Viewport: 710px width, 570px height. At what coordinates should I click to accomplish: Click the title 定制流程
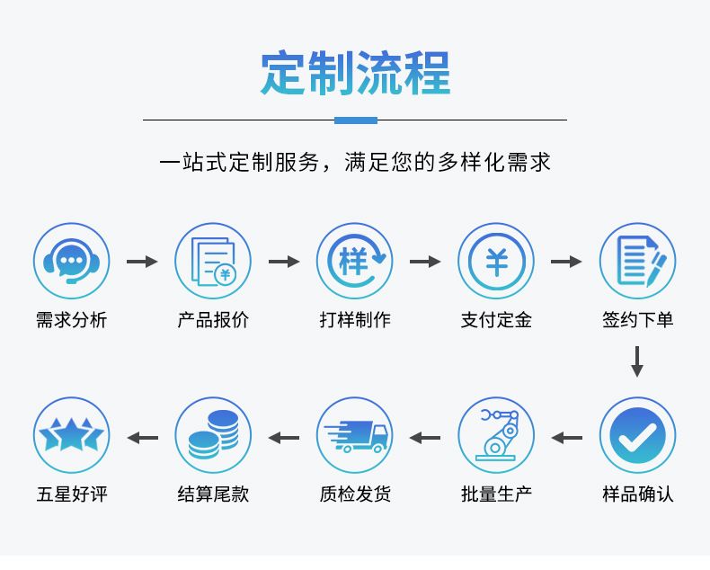click(x=355, y=73)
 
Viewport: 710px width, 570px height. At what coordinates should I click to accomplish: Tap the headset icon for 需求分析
click(x=71, y=262)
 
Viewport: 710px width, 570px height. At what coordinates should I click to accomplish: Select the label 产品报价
click(x=213, y=320)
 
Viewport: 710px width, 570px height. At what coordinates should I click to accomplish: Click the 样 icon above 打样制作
click(x=354, y=262)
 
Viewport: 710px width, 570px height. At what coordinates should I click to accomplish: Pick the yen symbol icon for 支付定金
click(x=496, y=262)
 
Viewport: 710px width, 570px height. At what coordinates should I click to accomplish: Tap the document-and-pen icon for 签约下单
click(x=637, y=262)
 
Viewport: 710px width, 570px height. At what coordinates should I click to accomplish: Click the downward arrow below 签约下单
click(x=637, y=361)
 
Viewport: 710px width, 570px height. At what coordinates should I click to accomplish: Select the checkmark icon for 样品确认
click(x=637, y=436)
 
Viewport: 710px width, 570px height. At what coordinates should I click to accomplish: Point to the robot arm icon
click(x=496, y=436)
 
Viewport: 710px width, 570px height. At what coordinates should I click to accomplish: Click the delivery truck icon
click(x=354, y=436)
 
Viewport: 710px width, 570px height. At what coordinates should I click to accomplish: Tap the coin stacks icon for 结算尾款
click(x=213, y=436)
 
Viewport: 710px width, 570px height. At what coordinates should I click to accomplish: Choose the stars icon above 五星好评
click(x=71, y=436)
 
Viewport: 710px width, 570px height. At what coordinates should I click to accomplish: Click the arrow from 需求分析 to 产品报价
click(x=142, y=262)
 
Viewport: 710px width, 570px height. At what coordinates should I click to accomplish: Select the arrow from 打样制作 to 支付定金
click(x=425, y=262)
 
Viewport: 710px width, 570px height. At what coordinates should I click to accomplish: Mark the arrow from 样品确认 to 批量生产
click(x=567, y=438)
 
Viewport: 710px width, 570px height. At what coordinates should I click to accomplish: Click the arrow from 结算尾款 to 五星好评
click(x=142, y=438)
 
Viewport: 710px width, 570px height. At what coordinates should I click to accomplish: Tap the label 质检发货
click(x=354, y=494)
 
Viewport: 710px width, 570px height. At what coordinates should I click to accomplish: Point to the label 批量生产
click(x=496, y=494)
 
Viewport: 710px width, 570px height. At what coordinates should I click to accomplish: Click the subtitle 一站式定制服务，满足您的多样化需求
click(x=355, y=163)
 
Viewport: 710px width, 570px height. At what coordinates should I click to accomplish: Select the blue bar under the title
click(x=355, y=120)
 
